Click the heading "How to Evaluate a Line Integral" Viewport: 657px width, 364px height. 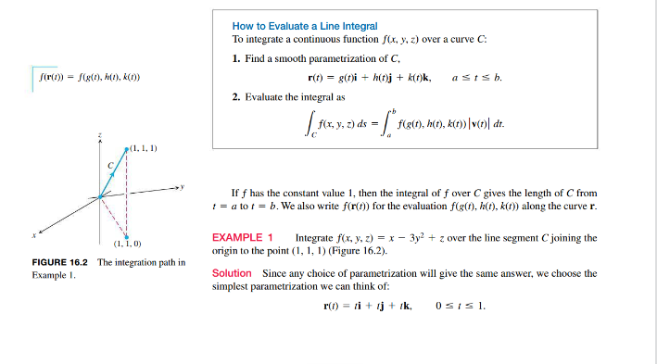(305, 26)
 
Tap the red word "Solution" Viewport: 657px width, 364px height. (232, 273)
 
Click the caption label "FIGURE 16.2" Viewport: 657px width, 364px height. (63, 263)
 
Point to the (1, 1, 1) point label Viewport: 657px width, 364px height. (143, 147)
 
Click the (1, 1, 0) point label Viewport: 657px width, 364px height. (127, 244)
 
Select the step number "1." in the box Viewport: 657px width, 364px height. (236, 58)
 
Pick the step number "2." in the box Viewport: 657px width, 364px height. (236, 95)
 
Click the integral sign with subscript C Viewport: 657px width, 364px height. (310, 123)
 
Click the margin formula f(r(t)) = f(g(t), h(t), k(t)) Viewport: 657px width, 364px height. (89, 76)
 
